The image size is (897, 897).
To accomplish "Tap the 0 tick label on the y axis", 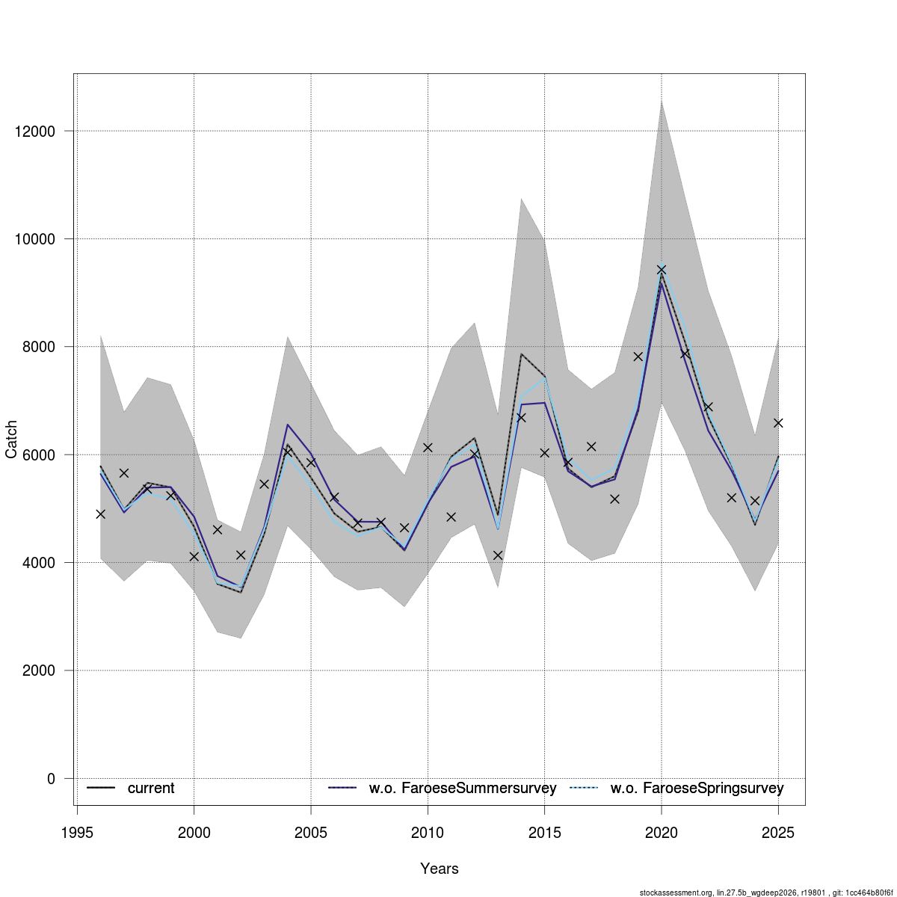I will click(x=51, y=779).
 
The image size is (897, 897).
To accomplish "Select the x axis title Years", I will click(x=440, y=869).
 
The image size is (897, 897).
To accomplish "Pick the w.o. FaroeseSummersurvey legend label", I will click(x=463, y=789).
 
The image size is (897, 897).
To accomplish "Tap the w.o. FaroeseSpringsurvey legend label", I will click(x=697, y=789).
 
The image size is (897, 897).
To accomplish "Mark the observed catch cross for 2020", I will click(x=661, y=270).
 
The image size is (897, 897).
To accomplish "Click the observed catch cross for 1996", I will click(x=100, y=514).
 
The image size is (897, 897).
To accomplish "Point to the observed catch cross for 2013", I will click(x=498, y=555).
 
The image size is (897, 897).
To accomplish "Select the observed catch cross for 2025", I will click(x=777, y=423).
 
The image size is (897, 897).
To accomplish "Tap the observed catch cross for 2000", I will click(x=194, y=557).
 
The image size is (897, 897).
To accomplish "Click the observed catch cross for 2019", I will click(x=638, y=357).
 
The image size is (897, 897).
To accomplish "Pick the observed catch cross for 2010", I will click(x=428, y=448).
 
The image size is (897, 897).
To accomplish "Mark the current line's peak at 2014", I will click(x=521, y=354).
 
